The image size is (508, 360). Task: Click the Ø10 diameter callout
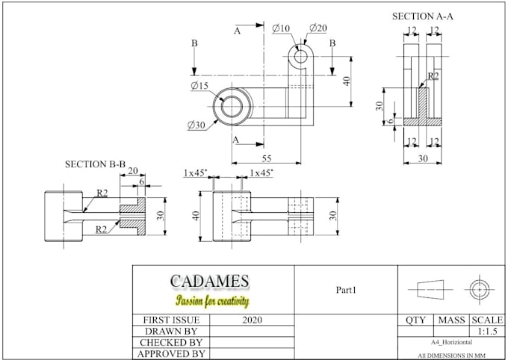281,28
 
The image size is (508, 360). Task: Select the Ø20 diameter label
317,28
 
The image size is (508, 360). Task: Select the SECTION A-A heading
424,16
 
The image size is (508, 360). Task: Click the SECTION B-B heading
95,164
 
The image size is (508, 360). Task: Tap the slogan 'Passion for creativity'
212,301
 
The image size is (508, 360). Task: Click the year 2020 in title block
253,320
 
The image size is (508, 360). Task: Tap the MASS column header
450,320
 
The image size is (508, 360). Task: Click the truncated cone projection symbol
426,289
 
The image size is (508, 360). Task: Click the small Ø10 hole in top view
300,56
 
